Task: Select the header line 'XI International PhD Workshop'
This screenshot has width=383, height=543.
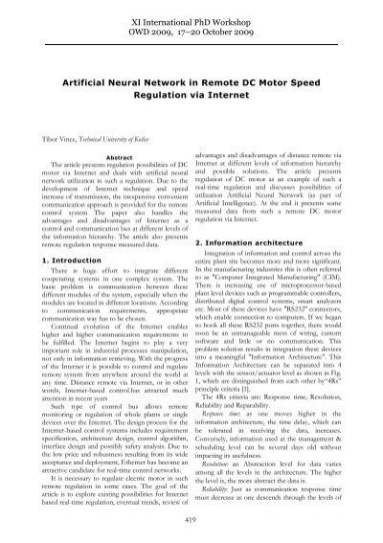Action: pos(191,19)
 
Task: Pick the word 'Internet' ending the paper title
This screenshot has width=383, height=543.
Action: pos(237,98)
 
